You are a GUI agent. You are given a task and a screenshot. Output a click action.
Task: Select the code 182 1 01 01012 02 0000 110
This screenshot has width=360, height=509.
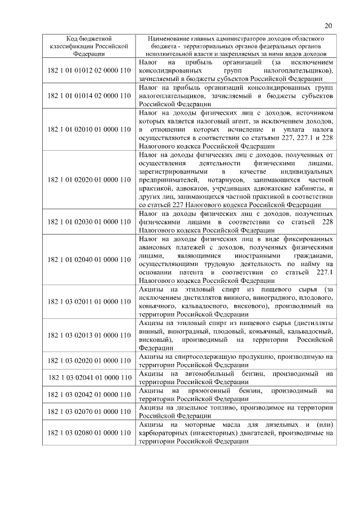[89, 70]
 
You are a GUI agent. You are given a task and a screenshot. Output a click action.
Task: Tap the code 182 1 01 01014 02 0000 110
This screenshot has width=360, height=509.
[89, 96]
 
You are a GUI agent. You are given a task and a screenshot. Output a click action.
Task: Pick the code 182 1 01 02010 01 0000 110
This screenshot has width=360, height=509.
[89, 130]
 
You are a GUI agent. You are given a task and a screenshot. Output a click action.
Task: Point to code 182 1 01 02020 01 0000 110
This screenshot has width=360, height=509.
[89, 179]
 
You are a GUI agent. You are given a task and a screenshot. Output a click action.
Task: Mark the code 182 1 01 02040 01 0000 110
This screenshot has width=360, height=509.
[89, 260]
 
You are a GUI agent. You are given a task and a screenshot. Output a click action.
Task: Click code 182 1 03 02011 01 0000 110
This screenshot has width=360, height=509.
[89, 302]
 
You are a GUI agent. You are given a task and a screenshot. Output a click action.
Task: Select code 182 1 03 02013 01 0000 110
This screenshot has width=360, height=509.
[89, 336]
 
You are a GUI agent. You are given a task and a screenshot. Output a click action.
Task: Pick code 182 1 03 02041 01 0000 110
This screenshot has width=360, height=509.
[89, 377]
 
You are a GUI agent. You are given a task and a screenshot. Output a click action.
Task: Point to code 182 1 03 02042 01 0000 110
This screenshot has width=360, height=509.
[89, 394]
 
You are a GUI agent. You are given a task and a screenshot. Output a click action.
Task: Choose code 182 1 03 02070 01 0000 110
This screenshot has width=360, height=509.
[89, 411]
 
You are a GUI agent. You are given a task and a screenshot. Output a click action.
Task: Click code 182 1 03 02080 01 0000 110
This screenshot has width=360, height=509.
[89, 433]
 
